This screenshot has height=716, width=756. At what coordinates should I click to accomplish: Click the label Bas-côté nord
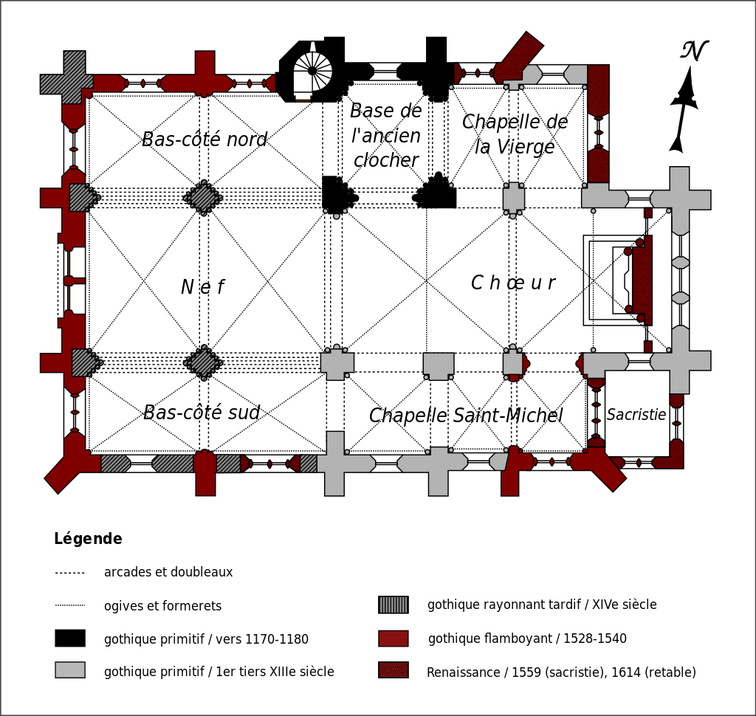[x=204, y=140]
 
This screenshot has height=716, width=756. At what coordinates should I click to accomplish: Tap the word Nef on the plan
[x=202, y=287]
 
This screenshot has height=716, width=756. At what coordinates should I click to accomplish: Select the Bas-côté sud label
[x=202, y=413]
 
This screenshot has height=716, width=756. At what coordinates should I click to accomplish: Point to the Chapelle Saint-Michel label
[x=466, y=416]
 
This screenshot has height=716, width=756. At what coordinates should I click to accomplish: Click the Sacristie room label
[x=636, y=415]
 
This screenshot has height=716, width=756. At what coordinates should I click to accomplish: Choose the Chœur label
[x=513, y=283]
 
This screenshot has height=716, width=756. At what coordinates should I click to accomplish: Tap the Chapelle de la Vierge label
[x=515, y=134]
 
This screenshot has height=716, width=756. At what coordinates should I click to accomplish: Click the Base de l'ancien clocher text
[x=385, y=136]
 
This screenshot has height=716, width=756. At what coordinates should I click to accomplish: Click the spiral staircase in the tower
[x=312, y=72]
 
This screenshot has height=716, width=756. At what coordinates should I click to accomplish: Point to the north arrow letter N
[x=693, y=52]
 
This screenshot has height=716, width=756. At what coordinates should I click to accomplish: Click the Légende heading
[x=88, y=539]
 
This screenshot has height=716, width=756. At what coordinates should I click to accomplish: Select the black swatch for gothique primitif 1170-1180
[x=70, y=638]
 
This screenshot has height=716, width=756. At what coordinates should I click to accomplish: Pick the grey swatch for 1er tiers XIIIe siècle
[x=70, y=669]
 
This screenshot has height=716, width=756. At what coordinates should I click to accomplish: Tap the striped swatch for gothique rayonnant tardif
[x=394, y=605]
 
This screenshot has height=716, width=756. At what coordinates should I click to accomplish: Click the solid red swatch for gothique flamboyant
[x=394, y=638]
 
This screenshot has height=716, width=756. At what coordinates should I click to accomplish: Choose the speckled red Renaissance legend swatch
[x=394, y=670]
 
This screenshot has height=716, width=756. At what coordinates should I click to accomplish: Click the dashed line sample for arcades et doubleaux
[x=70, y=573]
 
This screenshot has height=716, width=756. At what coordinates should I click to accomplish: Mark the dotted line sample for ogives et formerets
[x=70, y=605]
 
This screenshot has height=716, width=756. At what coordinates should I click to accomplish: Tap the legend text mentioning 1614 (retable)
[x=561, y=672]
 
